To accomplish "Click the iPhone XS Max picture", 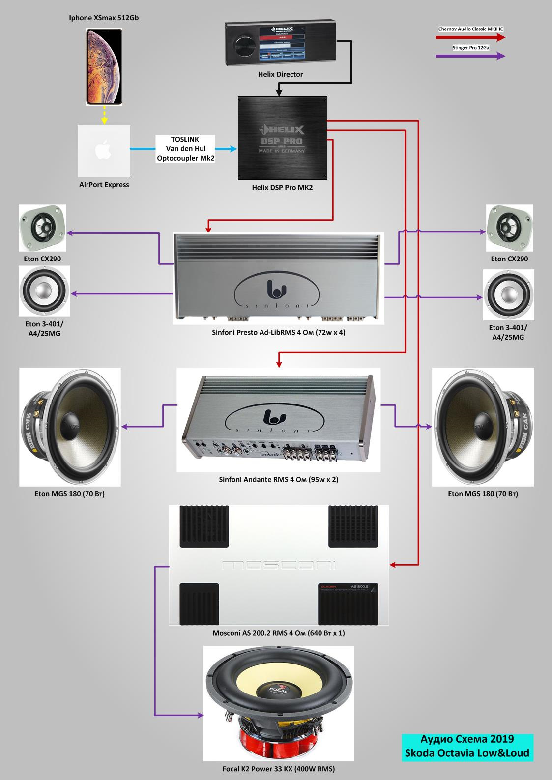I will point(104,66).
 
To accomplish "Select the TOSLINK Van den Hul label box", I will point(185,148).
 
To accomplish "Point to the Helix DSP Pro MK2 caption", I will point(282,187).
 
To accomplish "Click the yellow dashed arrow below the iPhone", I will point(104,115).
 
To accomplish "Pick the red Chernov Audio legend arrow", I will point(471,38).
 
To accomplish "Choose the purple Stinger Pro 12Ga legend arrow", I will point(471,56).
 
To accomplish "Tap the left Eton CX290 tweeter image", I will point(42,228).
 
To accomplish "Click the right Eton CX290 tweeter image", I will point(509,228).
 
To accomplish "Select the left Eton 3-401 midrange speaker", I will point(44,291).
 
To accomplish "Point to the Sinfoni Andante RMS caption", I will point(278,479).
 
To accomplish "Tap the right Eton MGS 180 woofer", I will point(483,427).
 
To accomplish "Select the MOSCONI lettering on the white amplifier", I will point(278,566).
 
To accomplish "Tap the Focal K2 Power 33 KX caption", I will point(278,769).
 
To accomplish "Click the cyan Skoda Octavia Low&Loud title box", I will point(467,746).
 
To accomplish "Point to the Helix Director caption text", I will point(280,74).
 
